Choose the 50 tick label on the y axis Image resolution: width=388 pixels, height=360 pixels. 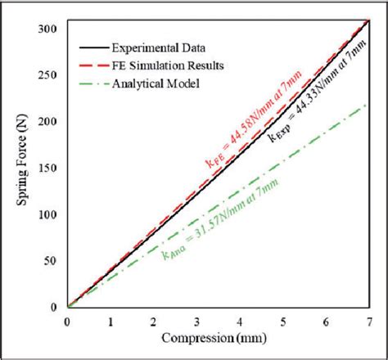(x=51, y=261)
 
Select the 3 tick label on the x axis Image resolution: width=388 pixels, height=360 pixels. (x=196, y=322)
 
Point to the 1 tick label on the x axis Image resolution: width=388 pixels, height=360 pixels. (x=111, y=322)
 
